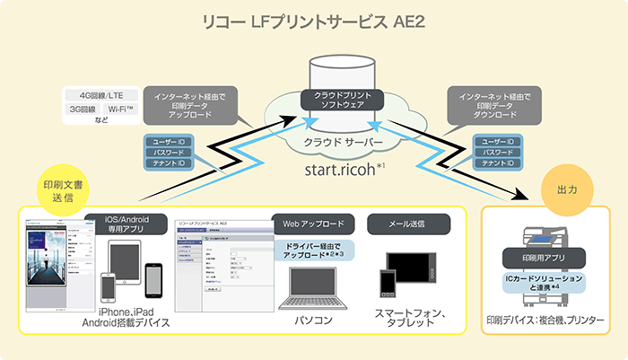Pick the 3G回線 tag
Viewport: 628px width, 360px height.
pos(85,110)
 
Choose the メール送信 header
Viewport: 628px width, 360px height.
pos(407,221)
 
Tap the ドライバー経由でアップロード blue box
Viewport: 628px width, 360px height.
pos(313,250)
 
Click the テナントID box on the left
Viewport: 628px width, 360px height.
pos(169,163)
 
